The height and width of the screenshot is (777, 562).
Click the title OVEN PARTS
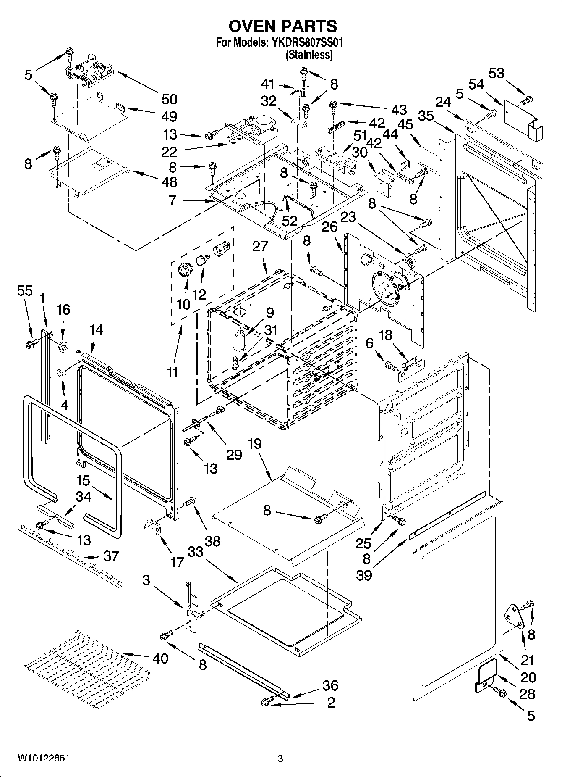282,26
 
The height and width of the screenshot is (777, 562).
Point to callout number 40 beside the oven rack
160,658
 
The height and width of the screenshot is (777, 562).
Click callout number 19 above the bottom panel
254,443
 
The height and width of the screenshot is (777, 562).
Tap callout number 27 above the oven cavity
260,246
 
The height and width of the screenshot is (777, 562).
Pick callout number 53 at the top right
496,73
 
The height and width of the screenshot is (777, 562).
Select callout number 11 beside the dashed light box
173,372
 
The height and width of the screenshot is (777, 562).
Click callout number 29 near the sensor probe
234,454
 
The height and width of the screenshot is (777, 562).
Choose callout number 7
172,200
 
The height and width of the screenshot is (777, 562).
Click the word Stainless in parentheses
309,55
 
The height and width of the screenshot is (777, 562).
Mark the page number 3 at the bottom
280,759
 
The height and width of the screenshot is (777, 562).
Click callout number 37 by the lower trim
111,556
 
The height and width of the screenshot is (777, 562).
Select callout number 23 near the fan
348,217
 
